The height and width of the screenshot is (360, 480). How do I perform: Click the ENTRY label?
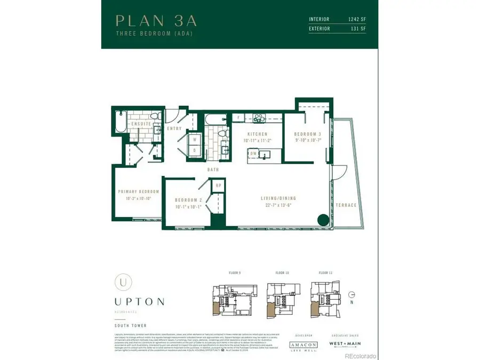pyautogui.click(x=174, y=129)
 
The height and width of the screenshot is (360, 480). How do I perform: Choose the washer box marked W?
pyautogui.click(x=194, y=140)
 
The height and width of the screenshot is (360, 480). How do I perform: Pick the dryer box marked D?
pyautogui.click(x=194, y=150)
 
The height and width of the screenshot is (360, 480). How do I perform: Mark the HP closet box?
pyautogui.click(x=218, y=185)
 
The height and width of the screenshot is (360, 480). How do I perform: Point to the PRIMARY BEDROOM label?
pyautogui.click(x=139, y=191)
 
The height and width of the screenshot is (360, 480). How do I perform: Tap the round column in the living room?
pyautogui.click(x=323, y=219)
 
